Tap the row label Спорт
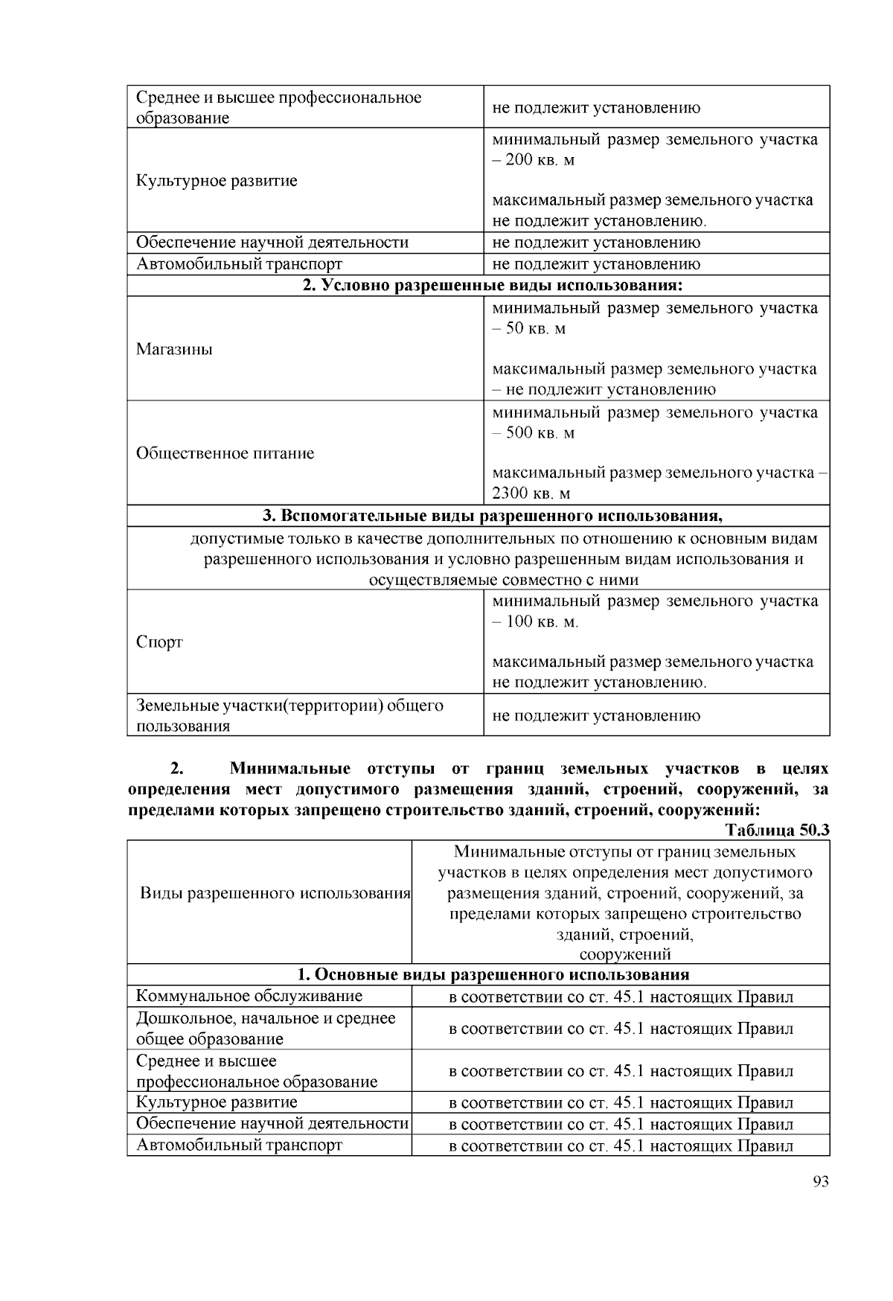pos(159,642)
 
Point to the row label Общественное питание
pos(225,453)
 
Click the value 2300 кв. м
pos(531,493)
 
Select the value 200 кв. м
pos(540,160)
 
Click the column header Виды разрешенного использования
pos(275,893)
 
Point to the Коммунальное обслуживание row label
pos(249,997)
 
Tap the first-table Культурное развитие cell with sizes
pos(217,180)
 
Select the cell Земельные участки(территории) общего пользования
pos(289,715)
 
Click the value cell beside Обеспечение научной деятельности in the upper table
pos(596,243)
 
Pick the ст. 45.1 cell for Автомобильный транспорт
pos(621,1145)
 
